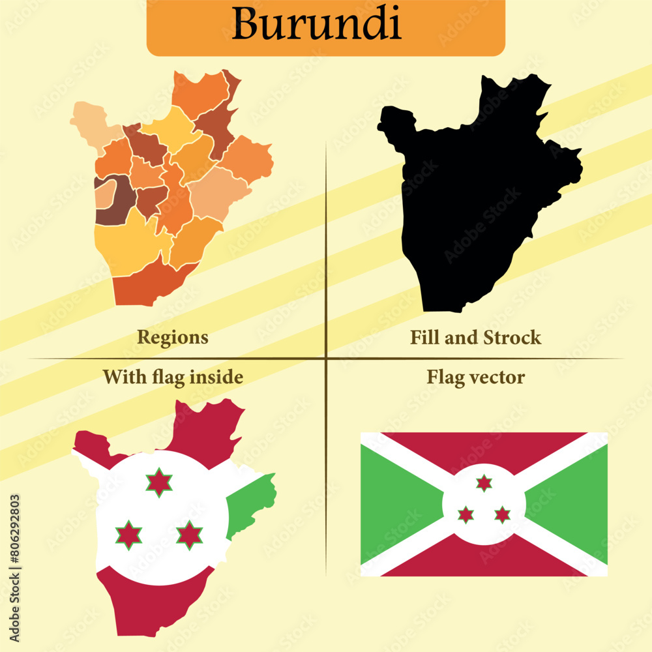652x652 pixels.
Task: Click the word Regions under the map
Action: tap(173, 337)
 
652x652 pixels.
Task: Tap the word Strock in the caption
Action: tap(512, 337)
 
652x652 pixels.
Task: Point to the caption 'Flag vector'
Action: tap(475, 377)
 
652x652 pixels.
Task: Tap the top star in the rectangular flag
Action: tap(484, 483)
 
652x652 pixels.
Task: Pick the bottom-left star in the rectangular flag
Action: tap(466, 514)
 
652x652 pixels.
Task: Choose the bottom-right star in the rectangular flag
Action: tap(502, 514)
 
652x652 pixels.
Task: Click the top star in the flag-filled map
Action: tap(159, 482)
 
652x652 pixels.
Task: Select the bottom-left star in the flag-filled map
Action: tap(128, 535)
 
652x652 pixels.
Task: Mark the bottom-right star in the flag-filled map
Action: tap(189, 535)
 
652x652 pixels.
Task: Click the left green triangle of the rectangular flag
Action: tap(391, 504)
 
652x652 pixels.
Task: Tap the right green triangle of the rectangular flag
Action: tap(574, 504)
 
